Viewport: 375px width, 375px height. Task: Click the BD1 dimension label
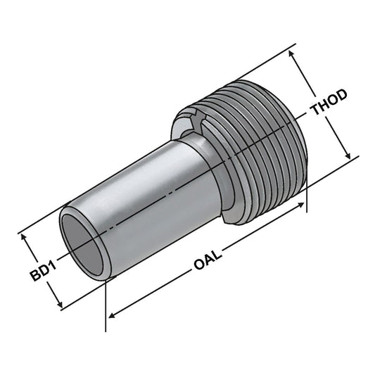(42, 270)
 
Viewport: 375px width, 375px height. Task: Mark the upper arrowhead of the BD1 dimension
(29, 237)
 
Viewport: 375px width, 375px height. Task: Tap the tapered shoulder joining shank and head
(201, 151)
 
